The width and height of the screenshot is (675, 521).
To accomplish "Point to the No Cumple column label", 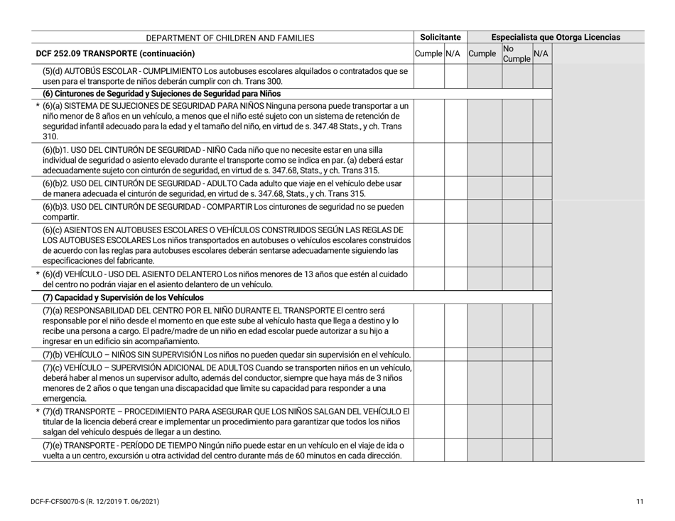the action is point(516,53).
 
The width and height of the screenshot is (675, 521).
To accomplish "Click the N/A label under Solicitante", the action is point(454,53).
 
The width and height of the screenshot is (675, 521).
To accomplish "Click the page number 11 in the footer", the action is point(640,503).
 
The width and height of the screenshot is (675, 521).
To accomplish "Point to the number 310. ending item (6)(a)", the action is point(49,136).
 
